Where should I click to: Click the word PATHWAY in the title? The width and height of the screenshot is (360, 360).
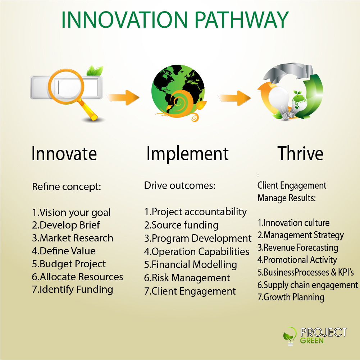click(241, 20)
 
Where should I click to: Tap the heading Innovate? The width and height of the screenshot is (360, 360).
click(64, 153)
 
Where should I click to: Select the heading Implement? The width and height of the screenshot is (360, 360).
click(187, 154)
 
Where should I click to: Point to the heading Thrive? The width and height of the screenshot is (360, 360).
click(300, 153)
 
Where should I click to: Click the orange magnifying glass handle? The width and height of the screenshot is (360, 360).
click(88, 110)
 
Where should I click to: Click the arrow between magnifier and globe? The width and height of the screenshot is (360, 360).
click(123, 97)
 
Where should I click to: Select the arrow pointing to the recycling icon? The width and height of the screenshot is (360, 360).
click(234, 98)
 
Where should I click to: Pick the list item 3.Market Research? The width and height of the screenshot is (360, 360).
click(73, 238)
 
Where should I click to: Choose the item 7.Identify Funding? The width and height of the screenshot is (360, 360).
click(73, 290)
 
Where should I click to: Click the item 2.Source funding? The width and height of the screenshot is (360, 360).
click(181, 225)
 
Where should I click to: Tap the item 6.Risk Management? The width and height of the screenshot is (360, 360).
click(187, 278)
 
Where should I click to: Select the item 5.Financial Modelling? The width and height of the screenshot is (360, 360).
click(190, 265)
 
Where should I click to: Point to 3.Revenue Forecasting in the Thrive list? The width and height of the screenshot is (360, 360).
click(298, 248)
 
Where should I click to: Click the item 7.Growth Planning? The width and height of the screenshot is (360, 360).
click(291, 297)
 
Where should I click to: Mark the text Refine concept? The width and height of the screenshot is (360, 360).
click(67, 187)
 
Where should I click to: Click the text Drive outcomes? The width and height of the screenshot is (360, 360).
click(180, 185)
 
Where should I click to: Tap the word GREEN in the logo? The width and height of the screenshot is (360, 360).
click(311, 340)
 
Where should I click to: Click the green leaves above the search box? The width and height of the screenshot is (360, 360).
click(95, 71)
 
